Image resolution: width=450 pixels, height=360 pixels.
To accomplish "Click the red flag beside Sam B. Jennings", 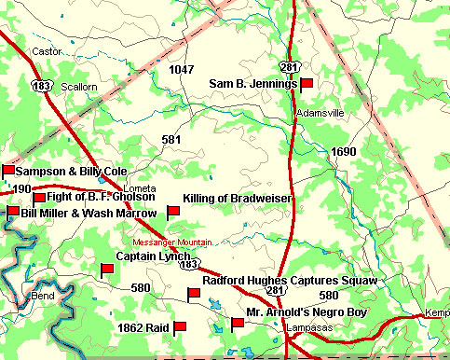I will [x=306, y=84].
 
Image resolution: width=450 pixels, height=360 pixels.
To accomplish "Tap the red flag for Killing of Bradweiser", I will [x=172, y=212].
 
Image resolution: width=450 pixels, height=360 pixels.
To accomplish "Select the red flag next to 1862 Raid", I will [x=180, y=327].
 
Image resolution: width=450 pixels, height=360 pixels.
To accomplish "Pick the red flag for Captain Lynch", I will [x=106, y=270].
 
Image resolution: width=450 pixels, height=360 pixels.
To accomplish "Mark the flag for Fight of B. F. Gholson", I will [x=39, y=198].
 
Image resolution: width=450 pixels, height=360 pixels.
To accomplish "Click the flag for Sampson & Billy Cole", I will [x=8, y=171].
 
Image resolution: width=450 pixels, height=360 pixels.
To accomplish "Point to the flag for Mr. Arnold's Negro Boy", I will [x=237, y=324].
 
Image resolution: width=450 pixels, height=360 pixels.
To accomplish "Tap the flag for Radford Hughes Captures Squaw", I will [x=194, y=295].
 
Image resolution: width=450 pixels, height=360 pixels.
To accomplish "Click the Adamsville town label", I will [x=320, y=113].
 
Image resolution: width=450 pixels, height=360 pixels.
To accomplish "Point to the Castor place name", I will [x=45, y=50].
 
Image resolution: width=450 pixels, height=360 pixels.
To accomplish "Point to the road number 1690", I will [x=344, y=151].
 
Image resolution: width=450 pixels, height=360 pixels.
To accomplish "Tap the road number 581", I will [x=170, y=140].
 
